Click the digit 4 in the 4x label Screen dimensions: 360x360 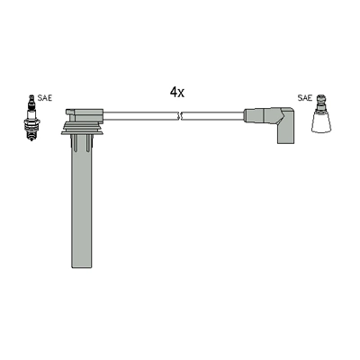coord(173,92)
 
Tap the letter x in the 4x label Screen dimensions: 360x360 coord(181,93)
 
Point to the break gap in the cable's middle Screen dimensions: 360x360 coord(182,115)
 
